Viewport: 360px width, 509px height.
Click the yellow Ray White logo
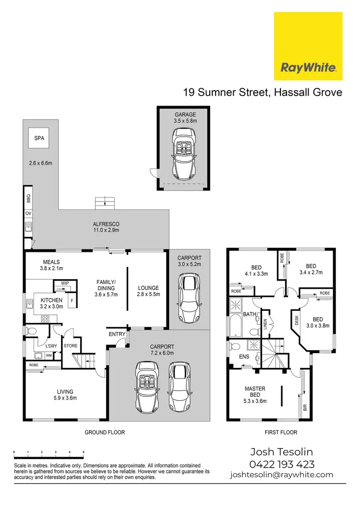coord(308,47)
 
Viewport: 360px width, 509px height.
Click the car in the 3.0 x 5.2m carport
coord(187,297)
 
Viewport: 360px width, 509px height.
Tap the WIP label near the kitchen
coord(64,284)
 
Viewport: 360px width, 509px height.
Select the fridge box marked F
coord(72,301)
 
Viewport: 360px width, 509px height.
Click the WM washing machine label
coord(48,355)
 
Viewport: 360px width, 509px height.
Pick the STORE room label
coord(71,345)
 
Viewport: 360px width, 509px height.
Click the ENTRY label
coord(117,334)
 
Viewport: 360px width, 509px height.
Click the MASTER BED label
coord(255,391)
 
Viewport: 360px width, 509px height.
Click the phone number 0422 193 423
coord(282,464)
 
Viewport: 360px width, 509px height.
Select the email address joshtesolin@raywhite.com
coord(281,474)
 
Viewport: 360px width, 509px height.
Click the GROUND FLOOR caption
coord(105,432)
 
